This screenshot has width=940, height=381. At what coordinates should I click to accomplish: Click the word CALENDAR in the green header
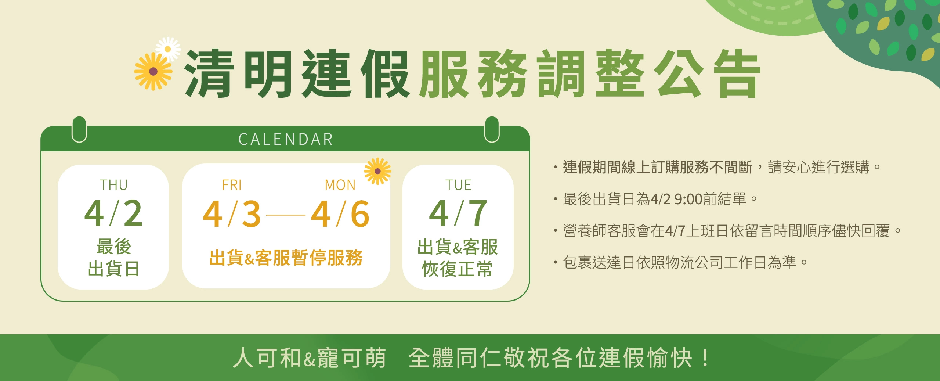point(285,139)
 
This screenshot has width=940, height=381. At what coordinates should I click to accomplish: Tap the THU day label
point(114,185)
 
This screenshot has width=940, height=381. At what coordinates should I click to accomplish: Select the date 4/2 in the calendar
point(113,213)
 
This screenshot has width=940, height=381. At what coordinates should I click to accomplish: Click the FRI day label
point(232,185)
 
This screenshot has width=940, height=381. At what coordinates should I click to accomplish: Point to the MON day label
point(340,185)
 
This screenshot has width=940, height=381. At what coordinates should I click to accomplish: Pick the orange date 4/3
point(232,214)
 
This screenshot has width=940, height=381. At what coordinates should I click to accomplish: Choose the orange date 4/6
point(340,214)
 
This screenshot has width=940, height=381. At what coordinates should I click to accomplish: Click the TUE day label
point(458,185)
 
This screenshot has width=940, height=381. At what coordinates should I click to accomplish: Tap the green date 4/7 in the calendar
point(458,213)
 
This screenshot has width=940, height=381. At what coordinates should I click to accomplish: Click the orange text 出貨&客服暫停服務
point(286,258)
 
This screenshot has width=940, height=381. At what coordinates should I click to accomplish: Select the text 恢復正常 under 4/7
point(458,269)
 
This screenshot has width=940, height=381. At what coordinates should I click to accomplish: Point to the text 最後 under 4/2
point(114,247)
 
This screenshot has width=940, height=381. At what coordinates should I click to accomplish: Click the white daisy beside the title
point(168,49)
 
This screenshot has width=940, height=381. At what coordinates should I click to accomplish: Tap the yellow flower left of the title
point(153,71)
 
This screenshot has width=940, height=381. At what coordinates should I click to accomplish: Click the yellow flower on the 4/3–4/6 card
point(377,171)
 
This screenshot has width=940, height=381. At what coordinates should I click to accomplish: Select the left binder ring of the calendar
point(79,129)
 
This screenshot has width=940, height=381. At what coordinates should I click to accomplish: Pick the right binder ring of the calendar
point(492,129)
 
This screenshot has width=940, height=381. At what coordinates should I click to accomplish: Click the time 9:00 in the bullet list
point(689,199)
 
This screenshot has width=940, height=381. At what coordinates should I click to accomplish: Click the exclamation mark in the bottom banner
point(705,358)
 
